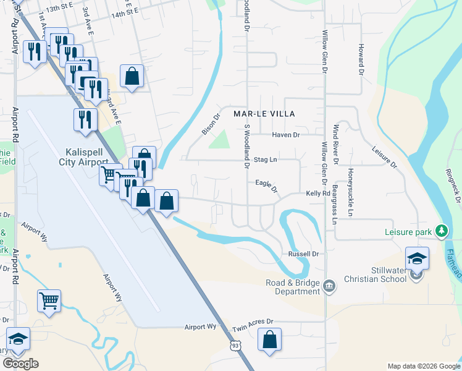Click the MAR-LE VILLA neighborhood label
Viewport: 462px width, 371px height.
click(x=264, y=114)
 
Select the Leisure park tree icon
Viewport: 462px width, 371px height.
click(x=441, y=231)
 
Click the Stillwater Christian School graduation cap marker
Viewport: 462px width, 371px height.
click(x=417, y=258)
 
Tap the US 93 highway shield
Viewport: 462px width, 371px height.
click(x=235, y=346)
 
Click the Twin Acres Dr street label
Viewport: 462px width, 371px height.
click(x=252, y=330)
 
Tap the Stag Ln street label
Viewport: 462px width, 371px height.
click(x=265, y=160)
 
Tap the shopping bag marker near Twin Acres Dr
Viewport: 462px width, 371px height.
click(x=269, y=340)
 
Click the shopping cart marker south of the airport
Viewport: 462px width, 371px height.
click(x=49, y=302)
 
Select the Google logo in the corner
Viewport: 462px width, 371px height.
click(x=20, y=364)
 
